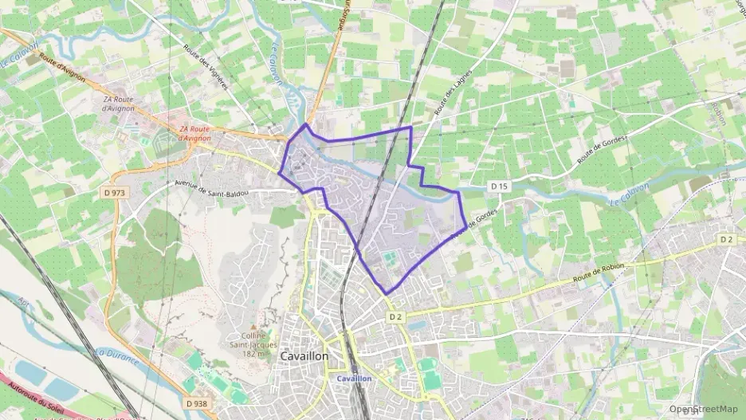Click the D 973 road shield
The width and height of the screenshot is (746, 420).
click(x=114, y=192)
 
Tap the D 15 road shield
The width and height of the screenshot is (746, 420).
click(x=499, y=186)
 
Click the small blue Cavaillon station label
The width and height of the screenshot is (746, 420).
click(x=354, y=378)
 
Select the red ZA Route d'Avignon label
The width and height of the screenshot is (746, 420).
click(x=194, y=133)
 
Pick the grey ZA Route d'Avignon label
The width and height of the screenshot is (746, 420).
click(x=120, y=104)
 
